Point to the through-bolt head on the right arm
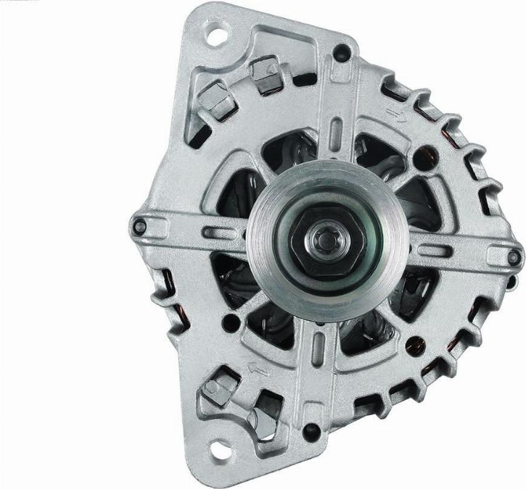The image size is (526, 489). point(514,256)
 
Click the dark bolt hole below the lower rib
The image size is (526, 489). point(312,433)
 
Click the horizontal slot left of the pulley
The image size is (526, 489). point(221,233)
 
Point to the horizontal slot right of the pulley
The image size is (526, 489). point(432,251)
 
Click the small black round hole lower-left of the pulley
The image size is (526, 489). point(231,323)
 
